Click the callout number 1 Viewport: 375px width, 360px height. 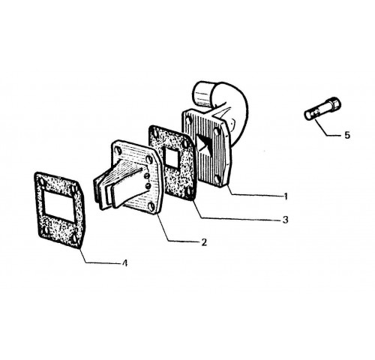pos(286,196)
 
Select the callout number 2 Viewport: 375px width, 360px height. pos(204,242)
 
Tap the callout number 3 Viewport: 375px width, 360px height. pos(285,220)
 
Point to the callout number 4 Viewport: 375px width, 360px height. pos(124,263)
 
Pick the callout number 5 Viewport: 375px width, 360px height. pos(347,135)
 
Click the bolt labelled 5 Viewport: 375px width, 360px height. pos(322,108)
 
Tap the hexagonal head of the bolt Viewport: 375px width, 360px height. pos(334,103)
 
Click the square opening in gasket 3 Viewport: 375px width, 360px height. pos(171,156)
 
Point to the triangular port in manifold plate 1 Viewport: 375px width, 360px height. pos(204,144)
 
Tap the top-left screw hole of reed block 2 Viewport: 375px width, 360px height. pos(118,151)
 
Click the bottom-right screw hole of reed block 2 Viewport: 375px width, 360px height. pos(151,206)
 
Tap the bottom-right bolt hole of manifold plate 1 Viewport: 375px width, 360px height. pos(217,178)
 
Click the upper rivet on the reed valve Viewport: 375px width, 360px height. pos(147,176)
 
